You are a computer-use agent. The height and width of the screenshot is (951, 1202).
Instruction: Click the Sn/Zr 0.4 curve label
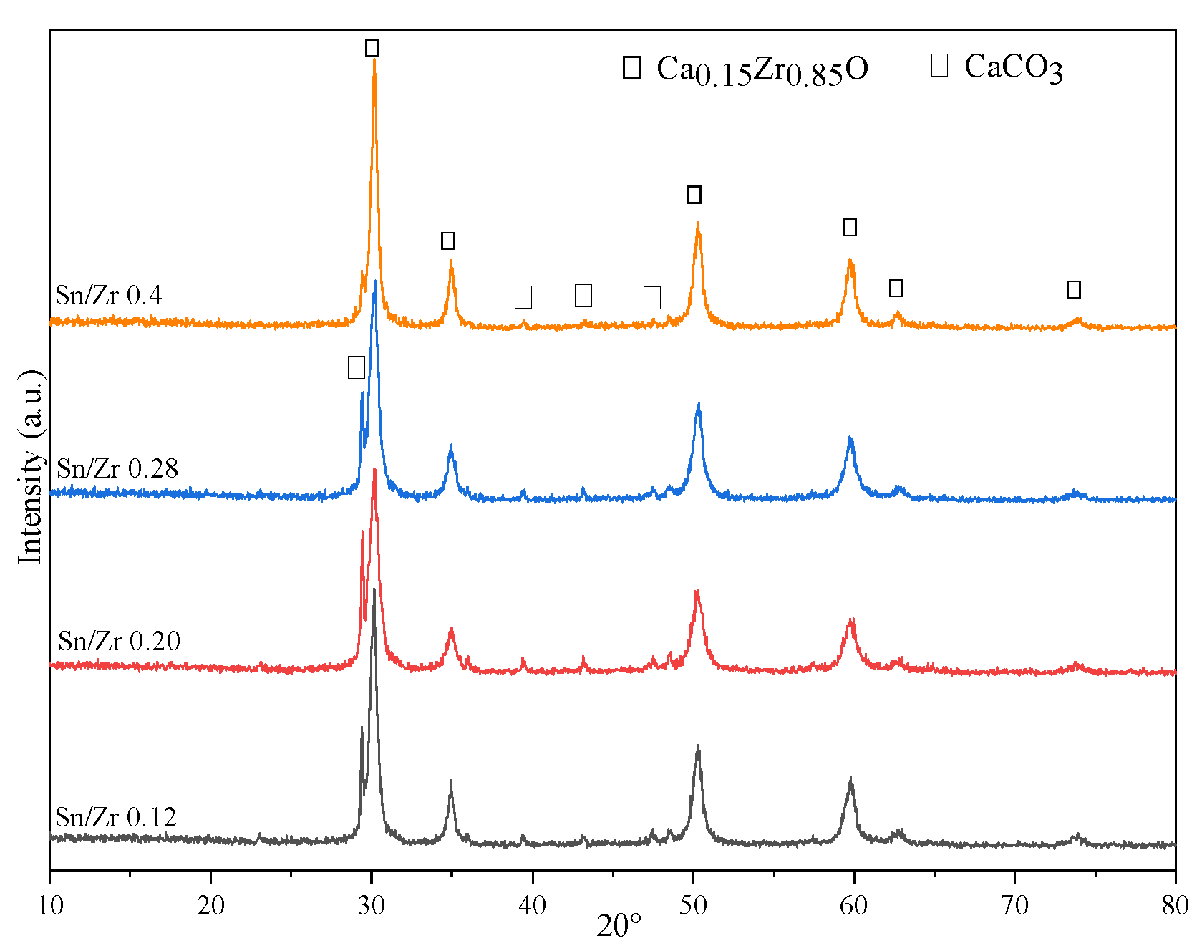(109, 295)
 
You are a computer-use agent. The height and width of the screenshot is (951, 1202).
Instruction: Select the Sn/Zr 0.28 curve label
(117, 468)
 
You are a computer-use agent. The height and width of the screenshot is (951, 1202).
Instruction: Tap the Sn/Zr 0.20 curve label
(119, 641)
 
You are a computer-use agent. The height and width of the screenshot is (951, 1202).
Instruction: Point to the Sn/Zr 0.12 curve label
(115, 817)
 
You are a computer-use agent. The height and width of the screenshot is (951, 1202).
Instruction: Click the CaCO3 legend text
(1013, 68)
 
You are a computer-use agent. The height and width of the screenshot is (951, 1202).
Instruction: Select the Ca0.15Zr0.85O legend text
(762, 70)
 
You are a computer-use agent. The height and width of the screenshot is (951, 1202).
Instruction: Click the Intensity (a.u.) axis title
(31, 467)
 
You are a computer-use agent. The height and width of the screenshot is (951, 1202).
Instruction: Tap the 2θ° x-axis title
(619, 927)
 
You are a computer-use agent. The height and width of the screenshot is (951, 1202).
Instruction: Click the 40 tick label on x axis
(532, 906)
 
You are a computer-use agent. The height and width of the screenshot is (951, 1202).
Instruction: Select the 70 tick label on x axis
(1014, 906)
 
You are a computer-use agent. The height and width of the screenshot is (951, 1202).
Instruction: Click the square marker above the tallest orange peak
(372, 48)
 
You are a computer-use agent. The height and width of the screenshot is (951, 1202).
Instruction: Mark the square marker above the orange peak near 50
(694, 194)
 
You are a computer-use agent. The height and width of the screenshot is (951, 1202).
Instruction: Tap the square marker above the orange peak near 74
(1073, 289)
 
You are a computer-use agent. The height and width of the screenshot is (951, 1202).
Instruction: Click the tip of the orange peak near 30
(374, 60)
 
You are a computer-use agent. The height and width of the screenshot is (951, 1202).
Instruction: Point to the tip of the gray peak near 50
(698, 745)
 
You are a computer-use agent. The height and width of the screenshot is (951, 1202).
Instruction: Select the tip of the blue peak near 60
(850, 437)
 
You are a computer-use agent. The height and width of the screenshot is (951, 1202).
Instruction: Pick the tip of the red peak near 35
(451, 629)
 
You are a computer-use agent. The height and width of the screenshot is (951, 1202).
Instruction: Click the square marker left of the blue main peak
(356, 367)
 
